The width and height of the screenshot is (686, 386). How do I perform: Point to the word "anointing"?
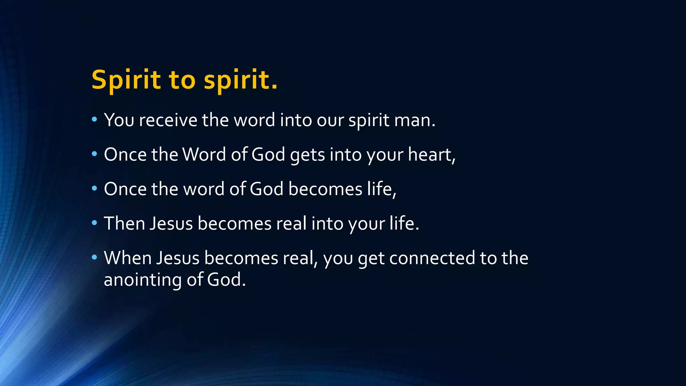tap(143, 280)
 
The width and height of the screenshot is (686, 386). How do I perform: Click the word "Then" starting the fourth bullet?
tap(124, 223)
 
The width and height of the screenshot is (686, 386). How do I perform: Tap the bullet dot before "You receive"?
tap(94, 119)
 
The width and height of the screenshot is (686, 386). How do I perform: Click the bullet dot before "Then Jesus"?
tap(94, 222)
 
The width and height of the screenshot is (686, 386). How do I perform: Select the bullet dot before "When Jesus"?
tap(94, 257)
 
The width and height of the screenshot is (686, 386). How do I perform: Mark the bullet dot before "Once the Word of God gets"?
tap(94, 154)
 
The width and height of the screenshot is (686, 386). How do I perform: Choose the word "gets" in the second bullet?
tap(307, 155)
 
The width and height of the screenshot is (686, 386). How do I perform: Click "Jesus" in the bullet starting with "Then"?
tap(171, 223)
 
